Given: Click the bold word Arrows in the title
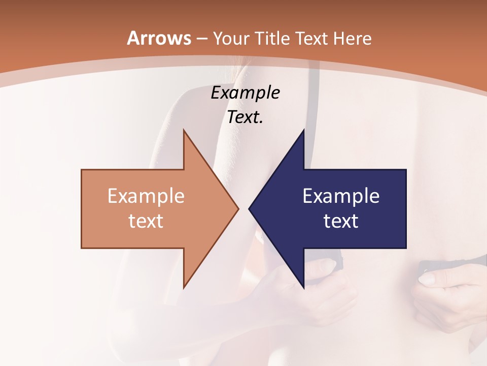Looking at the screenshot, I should tap(159, 38).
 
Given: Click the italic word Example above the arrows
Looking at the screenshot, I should tap(245, 93).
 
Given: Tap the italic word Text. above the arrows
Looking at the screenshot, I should tap(245, 117).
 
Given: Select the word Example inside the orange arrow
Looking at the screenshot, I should tap(146, 196).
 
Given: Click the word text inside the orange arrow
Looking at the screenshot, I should tap(146, 221).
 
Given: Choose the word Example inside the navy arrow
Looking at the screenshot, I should tap(341, 196).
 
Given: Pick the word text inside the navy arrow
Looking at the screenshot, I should tap(341, 221).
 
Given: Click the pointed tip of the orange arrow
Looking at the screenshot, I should tap(238, 209).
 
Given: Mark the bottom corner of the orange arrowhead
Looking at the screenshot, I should tap(184, 288).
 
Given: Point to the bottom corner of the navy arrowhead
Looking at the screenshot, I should tap(303, 288).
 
